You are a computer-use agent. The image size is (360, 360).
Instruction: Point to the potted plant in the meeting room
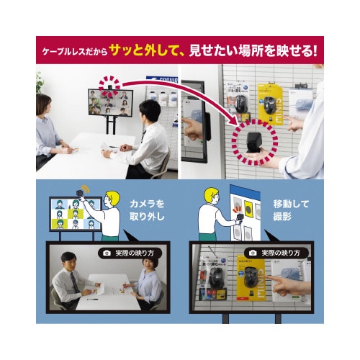point(40,81)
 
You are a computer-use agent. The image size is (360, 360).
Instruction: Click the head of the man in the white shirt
point(149,112)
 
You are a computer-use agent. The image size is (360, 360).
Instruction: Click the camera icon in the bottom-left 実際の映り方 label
point(107,253)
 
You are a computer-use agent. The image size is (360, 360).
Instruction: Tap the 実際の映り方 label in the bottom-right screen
point(274,253)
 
